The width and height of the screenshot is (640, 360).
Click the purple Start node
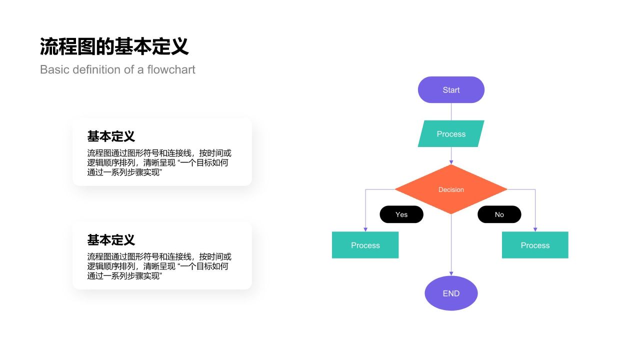[451, 90]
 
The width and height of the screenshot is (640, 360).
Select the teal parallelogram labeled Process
[451, 134]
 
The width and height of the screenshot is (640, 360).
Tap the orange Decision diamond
[451, 189]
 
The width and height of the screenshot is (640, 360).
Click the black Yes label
[401, 214]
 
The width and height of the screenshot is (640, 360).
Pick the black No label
[499, 214]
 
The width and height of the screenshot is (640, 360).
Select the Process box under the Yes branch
[365, 245]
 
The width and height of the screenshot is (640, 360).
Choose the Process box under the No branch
[535, 245]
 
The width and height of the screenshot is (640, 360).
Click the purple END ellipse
[451, 293]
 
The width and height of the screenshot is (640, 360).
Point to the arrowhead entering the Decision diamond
[451, 162]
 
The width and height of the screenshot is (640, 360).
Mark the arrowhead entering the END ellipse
[451, 273]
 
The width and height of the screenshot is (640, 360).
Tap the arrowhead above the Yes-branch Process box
[365, 229]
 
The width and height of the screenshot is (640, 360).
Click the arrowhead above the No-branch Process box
[535, 229]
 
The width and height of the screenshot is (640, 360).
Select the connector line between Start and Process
[451, 111]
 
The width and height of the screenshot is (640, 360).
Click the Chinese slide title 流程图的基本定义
[114, 46]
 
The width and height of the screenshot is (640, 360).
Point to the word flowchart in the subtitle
[171, 69]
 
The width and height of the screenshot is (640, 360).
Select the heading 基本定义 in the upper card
[111, 136]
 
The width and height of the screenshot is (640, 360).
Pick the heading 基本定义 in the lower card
[111, 240]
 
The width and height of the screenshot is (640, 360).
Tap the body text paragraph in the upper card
[159, 162]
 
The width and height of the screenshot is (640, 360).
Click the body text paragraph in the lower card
[159, 266]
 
